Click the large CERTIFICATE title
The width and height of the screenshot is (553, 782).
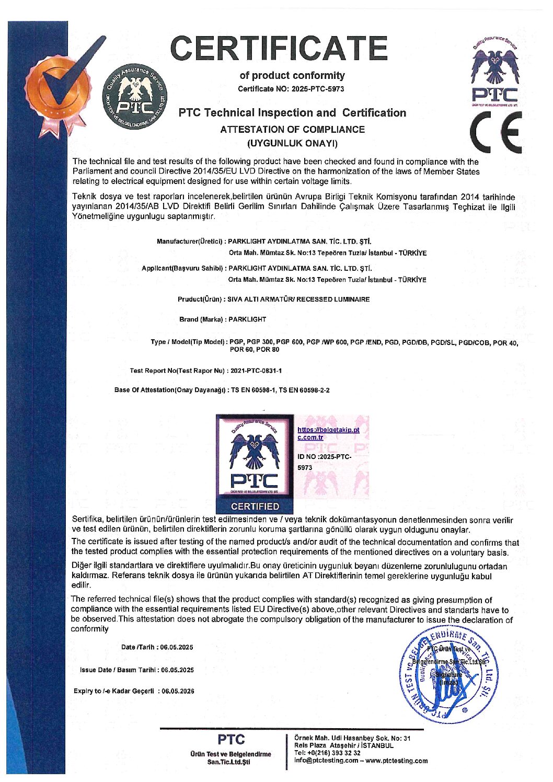click(280, 48)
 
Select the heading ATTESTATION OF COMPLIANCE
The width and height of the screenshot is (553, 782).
click(292, 129)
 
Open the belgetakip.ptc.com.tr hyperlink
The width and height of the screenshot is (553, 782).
click(328, 433)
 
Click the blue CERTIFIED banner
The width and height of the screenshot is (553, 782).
click(255, 506)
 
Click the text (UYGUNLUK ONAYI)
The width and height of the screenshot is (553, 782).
click(292, 143)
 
